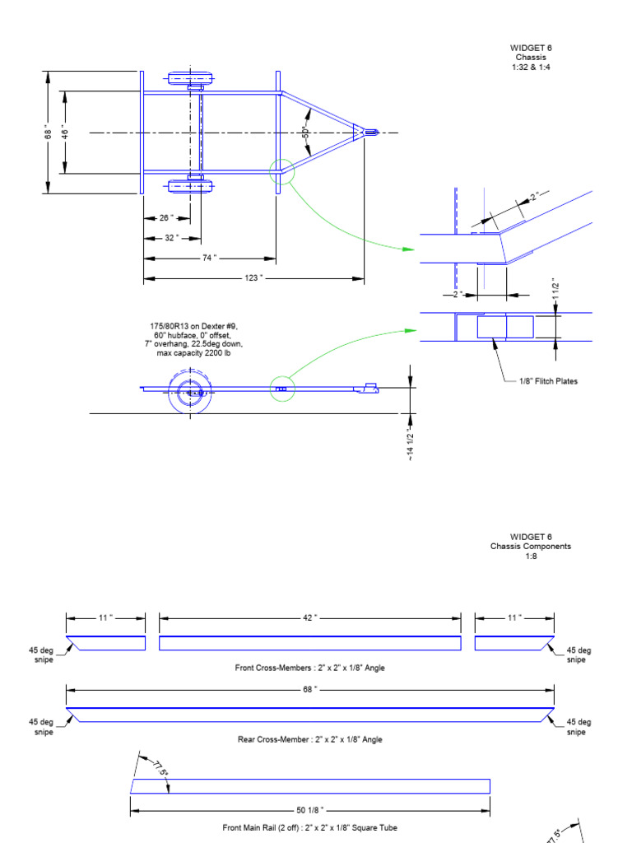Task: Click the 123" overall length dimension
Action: click(x=253, y=278)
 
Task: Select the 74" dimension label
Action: click(x=209, y=258)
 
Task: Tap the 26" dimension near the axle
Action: click(x=165, y=218)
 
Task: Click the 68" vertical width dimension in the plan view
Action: click(x=48, y=133)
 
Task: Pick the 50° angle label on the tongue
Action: click(x=305, y=132)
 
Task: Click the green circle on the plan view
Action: click(x=281, y=171)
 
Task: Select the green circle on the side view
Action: click(x=281, y=389)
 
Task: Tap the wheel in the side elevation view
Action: click(x=190, y=391)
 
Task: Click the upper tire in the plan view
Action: click(x=190, y=79)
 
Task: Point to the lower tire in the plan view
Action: click(x=190, y=186)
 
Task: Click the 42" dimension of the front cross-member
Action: click(x=309, y=617)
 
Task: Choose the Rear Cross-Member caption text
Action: click(x=309, y=739)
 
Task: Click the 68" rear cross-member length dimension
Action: click(x=309, y=687)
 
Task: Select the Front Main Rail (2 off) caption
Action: click(x=309, y=827)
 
